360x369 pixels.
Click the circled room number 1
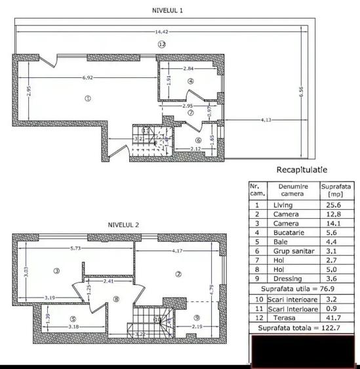point(87,99)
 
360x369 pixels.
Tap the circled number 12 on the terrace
point(162,44)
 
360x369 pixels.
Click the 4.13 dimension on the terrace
point(266,120)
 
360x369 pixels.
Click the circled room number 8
point(116,300)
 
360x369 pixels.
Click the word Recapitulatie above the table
point(302,169)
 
